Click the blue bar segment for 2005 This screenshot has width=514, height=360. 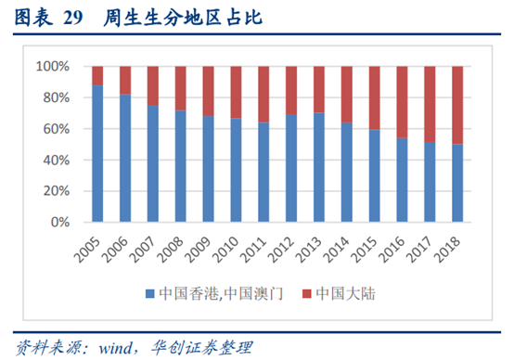(x=97, y=154)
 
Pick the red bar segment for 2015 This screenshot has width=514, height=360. (x=373, y=97)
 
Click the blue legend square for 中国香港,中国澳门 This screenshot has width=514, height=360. (x=149, y=295)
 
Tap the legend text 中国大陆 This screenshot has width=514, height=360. (x=345, y=295)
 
